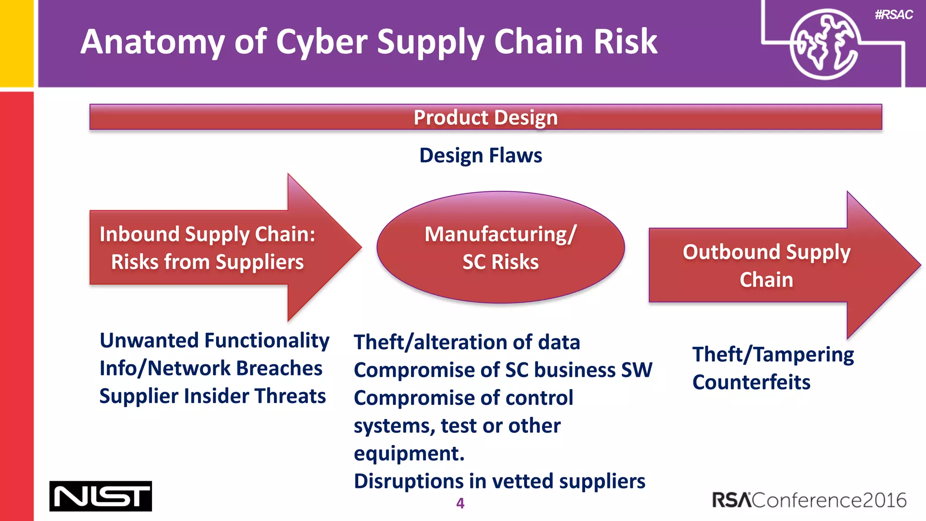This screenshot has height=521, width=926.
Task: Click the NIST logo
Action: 100,496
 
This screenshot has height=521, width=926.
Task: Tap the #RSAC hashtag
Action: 893,15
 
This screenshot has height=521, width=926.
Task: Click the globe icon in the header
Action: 823,44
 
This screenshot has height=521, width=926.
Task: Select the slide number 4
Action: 460,503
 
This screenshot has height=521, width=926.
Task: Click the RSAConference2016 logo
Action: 809,500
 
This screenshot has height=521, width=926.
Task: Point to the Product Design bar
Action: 485,117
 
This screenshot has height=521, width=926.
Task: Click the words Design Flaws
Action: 481,155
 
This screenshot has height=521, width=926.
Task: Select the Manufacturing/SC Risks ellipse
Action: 501,247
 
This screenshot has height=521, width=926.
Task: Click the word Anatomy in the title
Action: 152,42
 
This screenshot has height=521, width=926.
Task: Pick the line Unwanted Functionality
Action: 214,341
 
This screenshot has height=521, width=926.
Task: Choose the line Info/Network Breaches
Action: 211,368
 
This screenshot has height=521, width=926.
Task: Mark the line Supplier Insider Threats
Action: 213,396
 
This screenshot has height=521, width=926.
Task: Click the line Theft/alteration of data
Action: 467,342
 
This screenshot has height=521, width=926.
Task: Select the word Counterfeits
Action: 751,382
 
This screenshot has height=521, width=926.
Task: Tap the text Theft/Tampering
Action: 773,355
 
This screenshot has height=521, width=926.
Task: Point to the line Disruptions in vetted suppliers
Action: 499,481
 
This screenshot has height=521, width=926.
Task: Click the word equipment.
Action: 409,454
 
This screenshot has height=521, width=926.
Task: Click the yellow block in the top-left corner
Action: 16,43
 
